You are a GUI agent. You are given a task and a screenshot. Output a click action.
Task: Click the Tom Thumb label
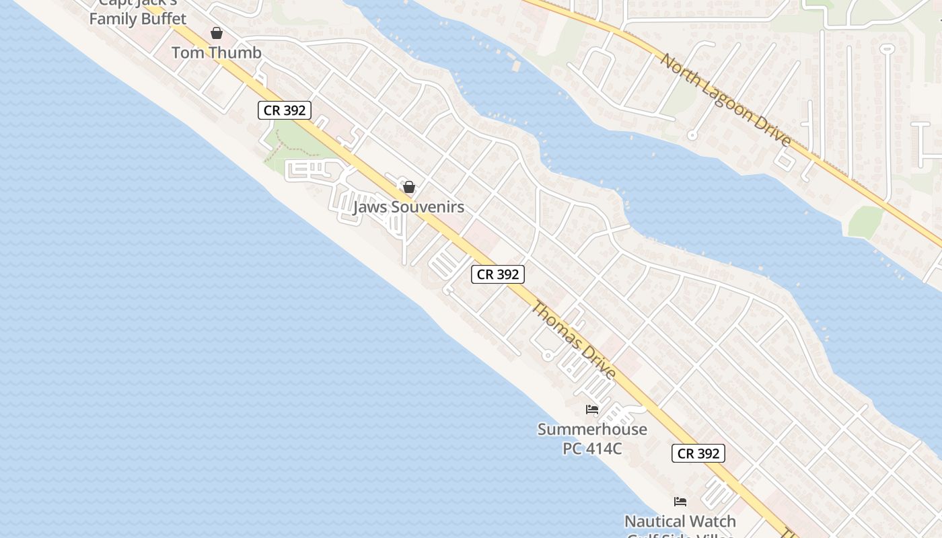point(216,52)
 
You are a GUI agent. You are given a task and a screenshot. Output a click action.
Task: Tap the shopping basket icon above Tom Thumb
point(217,33)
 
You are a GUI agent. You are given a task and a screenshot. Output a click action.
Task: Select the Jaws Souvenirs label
point(408,206)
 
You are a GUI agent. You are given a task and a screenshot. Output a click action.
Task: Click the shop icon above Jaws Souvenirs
point(408,187)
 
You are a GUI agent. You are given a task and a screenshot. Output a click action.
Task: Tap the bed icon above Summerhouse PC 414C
point(592,409)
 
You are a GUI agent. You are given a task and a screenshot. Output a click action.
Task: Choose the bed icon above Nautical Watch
point(680,502)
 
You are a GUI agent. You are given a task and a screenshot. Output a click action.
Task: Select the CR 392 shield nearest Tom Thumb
point(285,110)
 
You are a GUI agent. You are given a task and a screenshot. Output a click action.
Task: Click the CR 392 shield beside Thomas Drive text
point(497,274)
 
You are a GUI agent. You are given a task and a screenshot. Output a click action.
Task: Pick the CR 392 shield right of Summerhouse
point(698,453)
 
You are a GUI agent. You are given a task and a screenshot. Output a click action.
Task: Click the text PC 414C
point(592,447)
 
